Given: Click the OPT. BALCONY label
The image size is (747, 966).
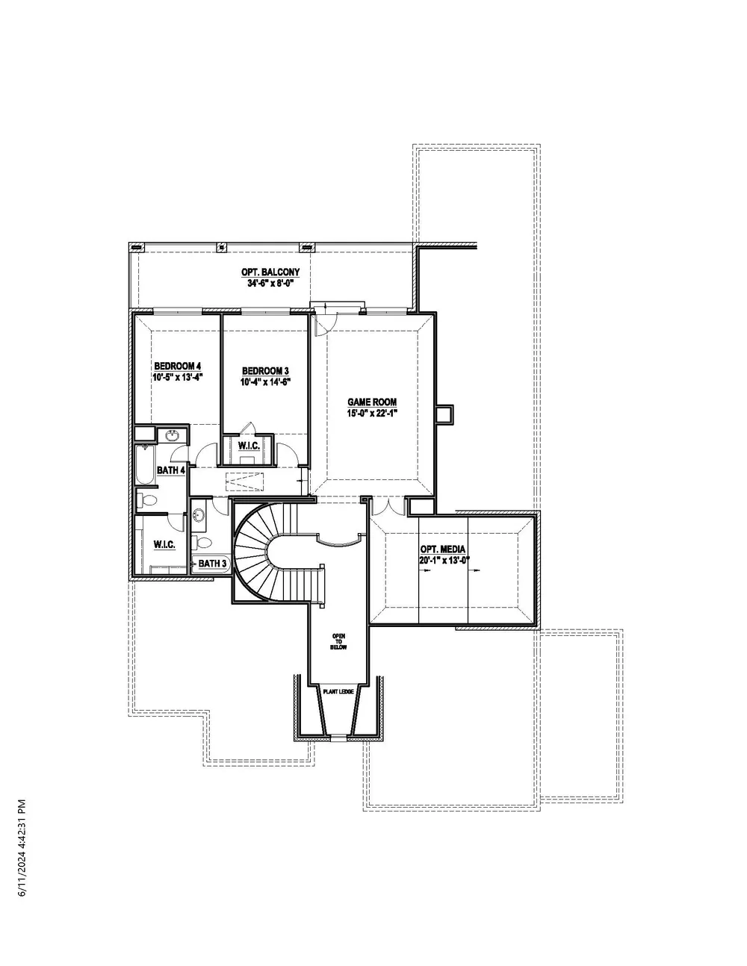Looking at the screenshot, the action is [270, 272].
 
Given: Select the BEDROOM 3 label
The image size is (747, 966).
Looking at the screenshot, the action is [265, 370].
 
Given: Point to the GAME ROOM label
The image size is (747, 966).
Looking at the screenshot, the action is [372, 402].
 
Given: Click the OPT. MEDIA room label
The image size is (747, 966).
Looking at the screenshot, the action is [443, 549].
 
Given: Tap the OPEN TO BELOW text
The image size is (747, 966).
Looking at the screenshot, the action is [338, 642].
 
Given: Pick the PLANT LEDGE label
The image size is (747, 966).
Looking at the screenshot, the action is [338, 692].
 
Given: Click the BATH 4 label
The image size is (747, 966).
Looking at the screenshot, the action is [171, 470].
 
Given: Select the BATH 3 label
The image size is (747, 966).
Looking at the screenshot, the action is [213, 564].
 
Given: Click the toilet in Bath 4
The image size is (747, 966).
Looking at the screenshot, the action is [146, 500].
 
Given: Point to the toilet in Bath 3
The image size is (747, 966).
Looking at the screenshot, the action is [202, 542].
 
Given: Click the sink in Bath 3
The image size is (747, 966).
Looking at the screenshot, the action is [198, 516].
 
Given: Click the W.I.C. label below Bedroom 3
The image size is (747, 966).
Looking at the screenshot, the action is [249, 446].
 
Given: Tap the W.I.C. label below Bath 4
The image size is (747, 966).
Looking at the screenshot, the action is [164, 544].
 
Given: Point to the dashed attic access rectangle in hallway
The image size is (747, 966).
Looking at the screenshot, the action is [245, 482].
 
